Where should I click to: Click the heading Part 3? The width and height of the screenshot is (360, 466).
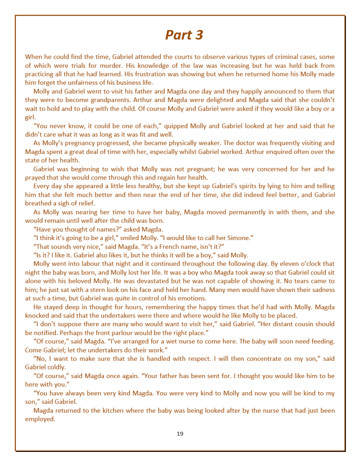[x=184, y=35]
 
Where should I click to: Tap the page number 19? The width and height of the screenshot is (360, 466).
[x=180, y=434]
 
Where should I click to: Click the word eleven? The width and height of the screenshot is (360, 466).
[x=284, y=264]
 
